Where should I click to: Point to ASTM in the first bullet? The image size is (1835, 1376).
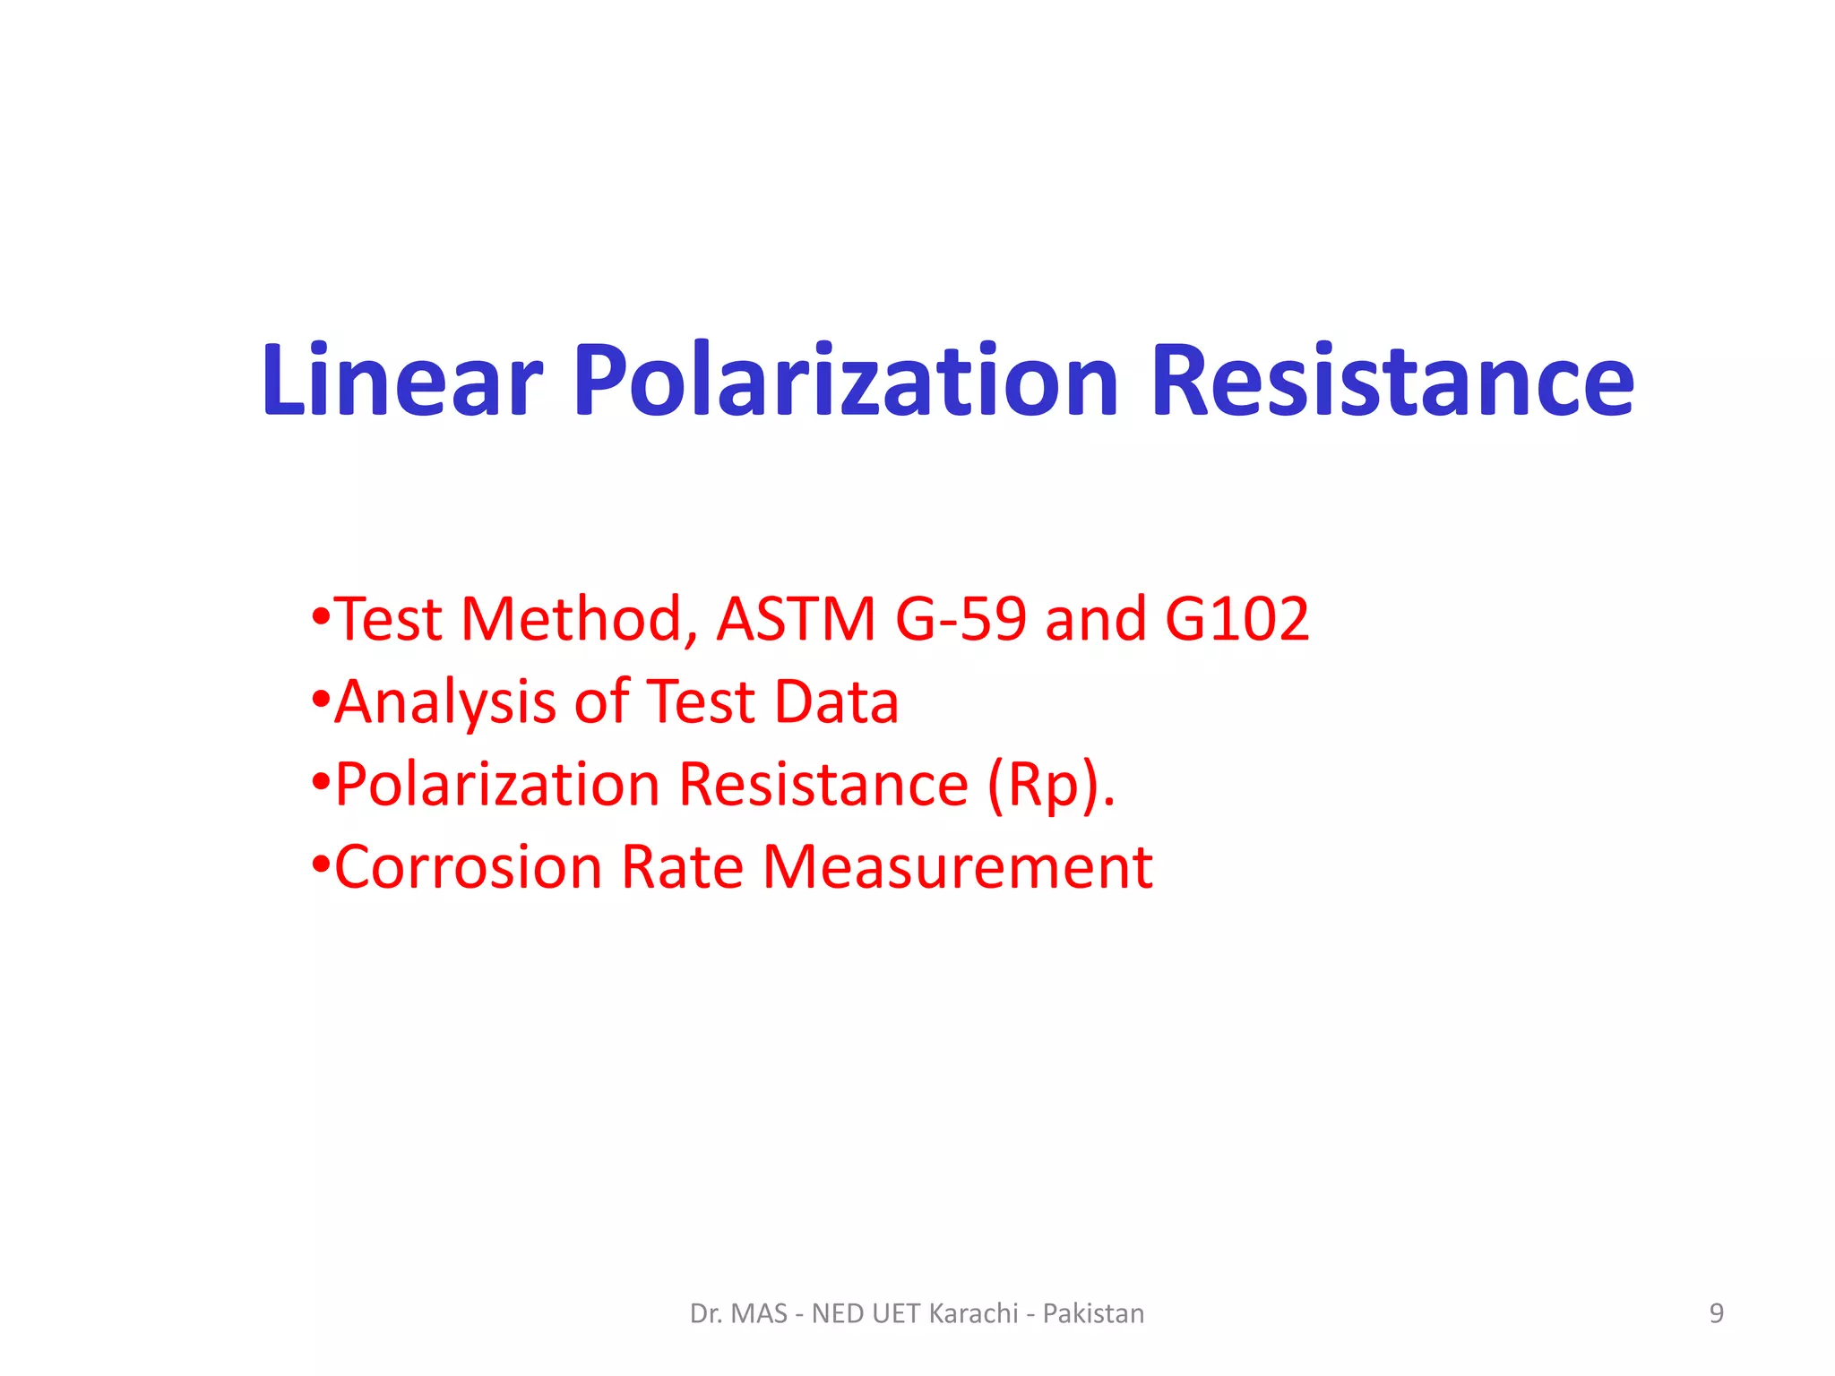(x=796, y=619)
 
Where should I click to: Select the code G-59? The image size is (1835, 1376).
(x=961, y=619)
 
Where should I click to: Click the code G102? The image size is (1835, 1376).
(x=1236, y=619)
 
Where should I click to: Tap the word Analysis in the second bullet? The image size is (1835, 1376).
(x=445, y=702)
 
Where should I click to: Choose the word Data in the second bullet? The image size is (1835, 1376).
(x=836, y=701)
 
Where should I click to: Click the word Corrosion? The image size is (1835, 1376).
(x=468, y=867)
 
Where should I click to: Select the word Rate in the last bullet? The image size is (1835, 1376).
(x=682, y=867)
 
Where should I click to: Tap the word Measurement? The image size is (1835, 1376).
(x=957, y=867)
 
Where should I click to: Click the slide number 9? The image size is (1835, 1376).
(x=1716, y=1313)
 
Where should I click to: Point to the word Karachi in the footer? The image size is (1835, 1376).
(x=973, y=1313)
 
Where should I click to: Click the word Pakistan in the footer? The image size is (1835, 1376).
(x=1093, y=1313)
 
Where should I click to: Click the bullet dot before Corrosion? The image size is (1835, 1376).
(x=321, y=865)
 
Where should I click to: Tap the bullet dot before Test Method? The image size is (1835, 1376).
(x=321, y=617)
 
